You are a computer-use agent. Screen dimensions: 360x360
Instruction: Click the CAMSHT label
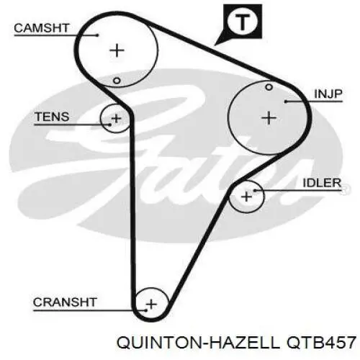pos(42,28)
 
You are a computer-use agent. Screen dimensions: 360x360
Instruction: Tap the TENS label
pos(52,117)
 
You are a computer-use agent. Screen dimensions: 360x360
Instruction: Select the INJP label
pos(328,94)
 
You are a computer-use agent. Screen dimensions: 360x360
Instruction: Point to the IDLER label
pos(322,183)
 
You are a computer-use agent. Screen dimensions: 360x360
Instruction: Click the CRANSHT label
pos(65,302)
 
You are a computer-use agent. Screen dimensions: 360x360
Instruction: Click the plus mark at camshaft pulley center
pos(117,50)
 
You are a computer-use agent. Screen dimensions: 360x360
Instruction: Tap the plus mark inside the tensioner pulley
pos(117,119)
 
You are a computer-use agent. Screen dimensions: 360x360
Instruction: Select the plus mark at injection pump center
pos(269,118)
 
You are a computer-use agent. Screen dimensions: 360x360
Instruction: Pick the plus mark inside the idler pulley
pos(246,197)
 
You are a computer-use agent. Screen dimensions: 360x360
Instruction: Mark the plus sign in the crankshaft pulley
pos(151,305)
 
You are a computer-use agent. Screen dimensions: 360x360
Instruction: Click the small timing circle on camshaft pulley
pos(117,81)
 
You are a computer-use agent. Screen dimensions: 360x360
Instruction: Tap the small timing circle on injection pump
pos(269,87)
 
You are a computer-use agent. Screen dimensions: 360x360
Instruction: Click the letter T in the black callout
pos(242,22)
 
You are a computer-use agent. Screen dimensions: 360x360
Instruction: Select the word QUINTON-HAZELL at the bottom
pos(198,342)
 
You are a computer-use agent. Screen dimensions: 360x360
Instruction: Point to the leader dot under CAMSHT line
pos(97,35)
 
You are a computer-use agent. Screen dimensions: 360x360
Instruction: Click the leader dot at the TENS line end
pos(110,125)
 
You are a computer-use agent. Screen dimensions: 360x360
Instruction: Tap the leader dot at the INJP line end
pos(286,102)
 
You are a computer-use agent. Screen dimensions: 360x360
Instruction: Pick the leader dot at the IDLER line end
pos(255,191)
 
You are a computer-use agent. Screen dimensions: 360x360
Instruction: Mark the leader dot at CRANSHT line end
pos(145,310)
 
